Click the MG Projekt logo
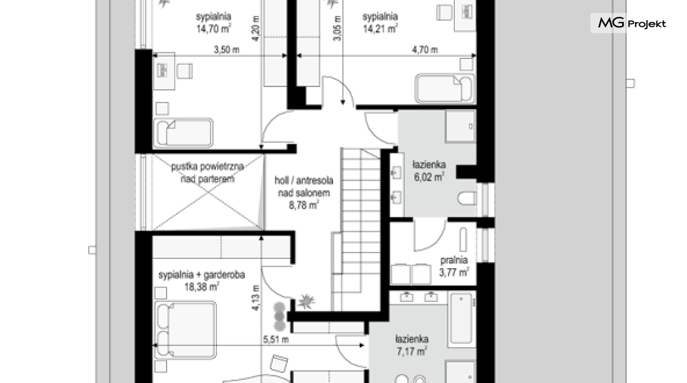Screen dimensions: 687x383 [x=631, y=23]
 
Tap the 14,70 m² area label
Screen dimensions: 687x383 [x=213, y=29]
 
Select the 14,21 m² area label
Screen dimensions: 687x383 [x=380, y=29]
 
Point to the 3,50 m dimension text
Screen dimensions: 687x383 [x=227, y=49]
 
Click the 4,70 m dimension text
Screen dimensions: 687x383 [x=425, y=49]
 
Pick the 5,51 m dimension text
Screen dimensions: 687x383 [x=276, y=339]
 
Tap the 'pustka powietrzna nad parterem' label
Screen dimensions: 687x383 [x=207, y=173]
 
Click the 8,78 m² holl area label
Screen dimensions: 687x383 [x=303, y=205]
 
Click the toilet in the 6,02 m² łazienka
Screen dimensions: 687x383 [x=467, y=198]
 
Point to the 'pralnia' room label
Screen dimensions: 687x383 [x=454, y=260]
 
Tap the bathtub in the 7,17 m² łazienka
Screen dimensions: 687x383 [x=461, y=319]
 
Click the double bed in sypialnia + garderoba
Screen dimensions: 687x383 [x=186, y=329]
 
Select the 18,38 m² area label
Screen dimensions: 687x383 [x=202, y=288]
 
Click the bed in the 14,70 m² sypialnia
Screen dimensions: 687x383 [x=183, y=132]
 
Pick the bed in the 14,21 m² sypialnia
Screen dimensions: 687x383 [x=445, y=89]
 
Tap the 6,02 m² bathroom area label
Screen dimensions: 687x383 [x=429, y=177]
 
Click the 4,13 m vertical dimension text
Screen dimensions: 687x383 [x=255, y=298]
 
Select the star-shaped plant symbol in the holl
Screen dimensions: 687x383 [x=307, y=301]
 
